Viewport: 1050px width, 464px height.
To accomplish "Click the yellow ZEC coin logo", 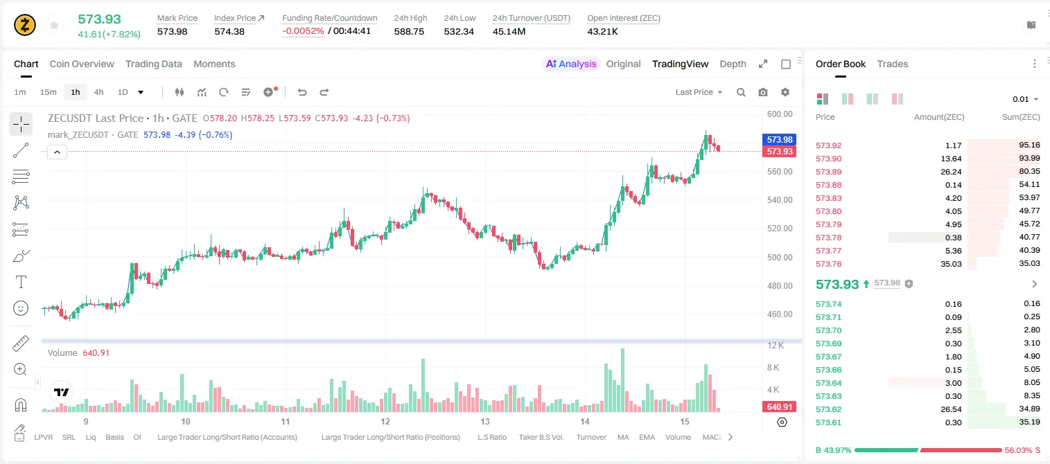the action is click(x=25, y=25).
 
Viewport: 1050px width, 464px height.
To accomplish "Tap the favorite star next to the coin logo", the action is click(x=54, y=25).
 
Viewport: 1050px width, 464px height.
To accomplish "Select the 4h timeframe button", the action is click(x=98, y=92).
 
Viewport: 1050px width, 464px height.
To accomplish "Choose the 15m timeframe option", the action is click(x=49, y=92).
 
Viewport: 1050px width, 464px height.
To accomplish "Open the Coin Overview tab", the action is click(x=82, y=64).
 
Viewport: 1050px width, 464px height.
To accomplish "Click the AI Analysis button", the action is click(x=571, y=64).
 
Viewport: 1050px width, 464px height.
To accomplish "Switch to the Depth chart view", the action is click(x=733, y=64).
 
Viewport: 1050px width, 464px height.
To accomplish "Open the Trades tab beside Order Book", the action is click(x=893, y=64).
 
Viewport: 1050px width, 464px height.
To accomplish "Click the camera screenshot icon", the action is click(x=763, y=92).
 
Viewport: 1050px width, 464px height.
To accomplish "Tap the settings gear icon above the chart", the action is click(x=785, y=92).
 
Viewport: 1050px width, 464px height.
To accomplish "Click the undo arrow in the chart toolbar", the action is click(x=302, y=92).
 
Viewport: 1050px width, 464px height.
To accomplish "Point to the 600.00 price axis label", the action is click(x=780, y=114).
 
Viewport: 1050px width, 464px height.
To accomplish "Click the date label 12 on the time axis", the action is click(x=385, y=421).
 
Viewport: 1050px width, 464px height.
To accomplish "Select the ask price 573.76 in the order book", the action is click(x=829, y=264).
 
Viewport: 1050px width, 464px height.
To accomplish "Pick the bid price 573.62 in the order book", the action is click(x=829, y=409).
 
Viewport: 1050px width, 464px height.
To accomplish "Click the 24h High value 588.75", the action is click(x=409, y=31).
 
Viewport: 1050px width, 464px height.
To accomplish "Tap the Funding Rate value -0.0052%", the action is click(x=303, y=31).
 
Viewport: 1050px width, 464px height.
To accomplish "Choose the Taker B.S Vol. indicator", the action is click(x=541, y=437).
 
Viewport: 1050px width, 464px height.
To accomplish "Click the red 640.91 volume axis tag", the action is click(x=780, y=407).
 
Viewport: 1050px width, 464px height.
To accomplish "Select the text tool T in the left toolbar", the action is click(x=21, y=283).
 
